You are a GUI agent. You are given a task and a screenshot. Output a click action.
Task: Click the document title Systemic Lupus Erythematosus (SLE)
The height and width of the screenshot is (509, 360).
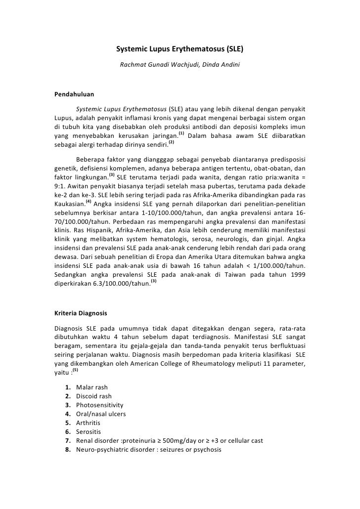coord(180,50)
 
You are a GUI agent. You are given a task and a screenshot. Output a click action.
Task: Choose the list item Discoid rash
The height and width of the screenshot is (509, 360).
coord(94,396)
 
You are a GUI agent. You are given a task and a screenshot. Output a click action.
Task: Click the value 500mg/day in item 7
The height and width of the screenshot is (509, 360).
coord(174,440)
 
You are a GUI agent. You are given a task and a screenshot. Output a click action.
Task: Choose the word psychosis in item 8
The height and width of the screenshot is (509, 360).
coord(207,449)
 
